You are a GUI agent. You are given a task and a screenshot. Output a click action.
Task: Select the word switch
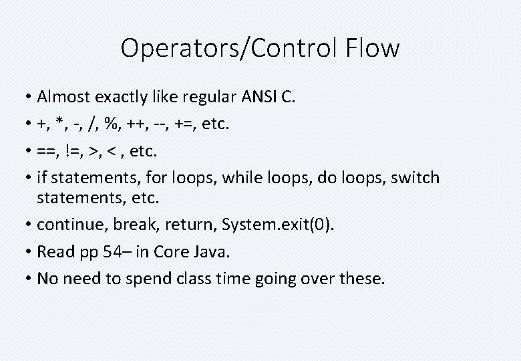tap(415, 178)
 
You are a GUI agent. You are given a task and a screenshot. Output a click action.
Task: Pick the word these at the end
tap(362, 278)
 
